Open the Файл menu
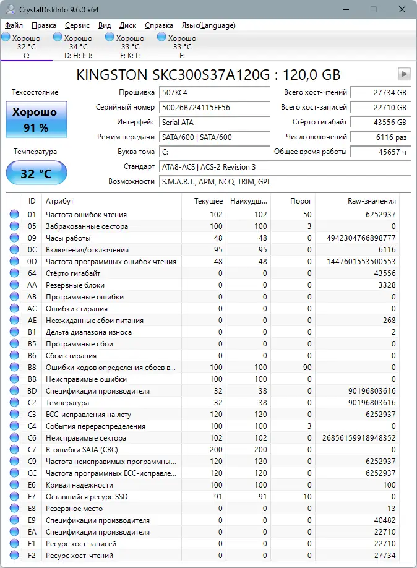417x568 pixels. [x=14, y=25]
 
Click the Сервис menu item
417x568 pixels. [x=77, y=25]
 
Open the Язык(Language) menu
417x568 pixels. [x=208, y=25]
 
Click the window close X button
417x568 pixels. [x=402, y=10]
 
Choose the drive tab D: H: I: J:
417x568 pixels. [x=78, y=46]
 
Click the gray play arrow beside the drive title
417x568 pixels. [x=404, y=74]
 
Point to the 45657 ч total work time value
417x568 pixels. [x=380, y=152]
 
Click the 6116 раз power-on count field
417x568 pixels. [x=380, y=137]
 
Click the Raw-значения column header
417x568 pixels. [x=371, y=202]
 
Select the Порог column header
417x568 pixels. [x=301, y=202]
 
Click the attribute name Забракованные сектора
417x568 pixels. [x=87, y=226]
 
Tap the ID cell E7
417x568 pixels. [x=32, y=497]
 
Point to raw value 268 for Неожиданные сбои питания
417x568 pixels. [x=389, y=321]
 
